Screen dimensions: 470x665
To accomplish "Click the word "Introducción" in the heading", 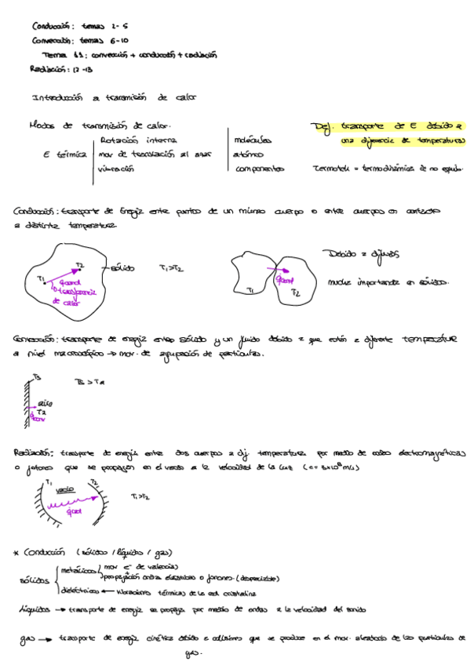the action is tap(56, 99).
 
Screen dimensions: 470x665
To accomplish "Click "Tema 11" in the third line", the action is tap(57, 56).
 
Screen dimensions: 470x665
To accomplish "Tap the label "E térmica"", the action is tap(64, 155).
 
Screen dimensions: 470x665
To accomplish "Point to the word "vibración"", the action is tap(116, 169).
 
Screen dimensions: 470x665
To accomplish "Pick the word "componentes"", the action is tap(259, 169).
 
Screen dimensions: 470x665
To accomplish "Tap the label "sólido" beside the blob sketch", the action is tap(122, 268).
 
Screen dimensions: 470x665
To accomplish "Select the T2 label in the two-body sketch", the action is tap(296, 292).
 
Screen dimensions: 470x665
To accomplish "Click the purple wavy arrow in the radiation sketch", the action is tap(74, 507).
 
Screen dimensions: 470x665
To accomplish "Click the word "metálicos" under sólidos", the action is tap(80, 570).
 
